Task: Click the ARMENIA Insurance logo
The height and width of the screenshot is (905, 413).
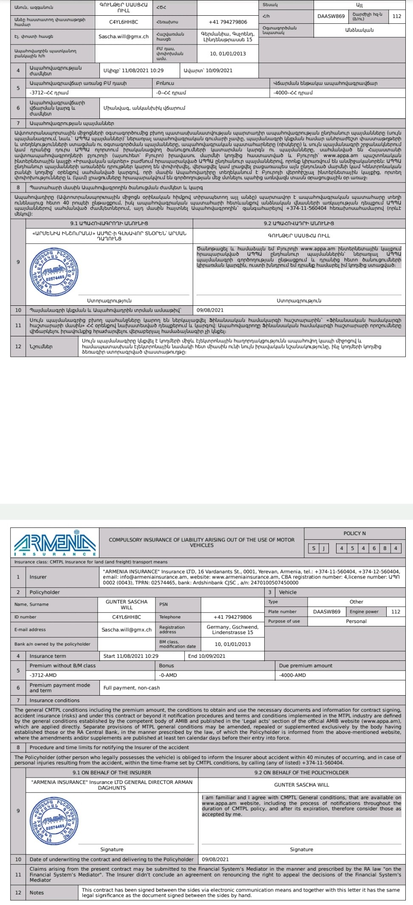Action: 55,543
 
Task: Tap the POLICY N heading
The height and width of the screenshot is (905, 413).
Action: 354,533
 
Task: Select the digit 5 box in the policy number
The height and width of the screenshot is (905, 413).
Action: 352,548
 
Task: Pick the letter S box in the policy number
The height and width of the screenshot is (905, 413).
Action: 314,548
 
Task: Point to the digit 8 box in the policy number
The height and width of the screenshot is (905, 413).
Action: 385,548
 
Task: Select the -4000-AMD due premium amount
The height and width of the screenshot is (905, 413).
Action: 292,675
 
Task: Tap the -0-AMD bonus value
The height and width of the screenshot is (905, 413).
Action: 167,675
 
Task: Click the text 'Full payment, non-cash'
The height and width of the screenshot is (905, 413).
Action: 132,688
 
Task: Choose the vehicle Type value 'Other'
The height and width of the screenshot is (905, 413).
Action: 356,601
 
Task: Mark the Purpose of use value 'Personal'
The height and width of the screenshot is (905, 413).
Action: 356,621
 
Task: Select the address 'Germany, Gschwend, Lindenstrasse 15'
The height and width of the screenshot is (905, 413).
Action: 232,629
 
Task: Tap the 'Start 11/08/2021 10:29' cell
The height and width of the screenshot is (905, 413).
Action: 131,656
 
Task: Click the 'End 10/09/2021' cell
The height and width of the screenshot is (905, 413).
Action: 207,656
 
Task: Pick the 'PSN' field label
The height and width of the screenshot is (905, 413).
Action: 164,604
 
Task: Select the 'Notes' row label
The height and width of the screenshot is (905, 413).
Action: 37,892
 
